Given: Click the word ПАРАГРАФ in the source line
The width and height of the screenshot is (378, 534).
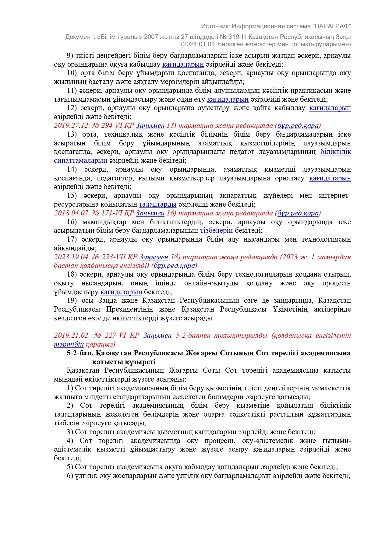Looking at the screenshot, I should point(331,26).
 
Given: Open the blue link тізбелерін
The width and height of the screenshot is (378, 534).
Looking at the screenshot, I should point(216,231).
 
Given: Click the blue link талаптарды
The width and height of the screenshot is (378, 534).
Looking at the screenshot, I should point(158,204).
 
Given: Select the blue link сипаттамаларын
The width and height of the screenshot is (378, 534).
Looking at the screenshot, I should point(80,160).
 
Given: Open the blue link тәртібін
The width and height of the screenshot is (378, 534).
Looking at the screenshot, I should point(69,344).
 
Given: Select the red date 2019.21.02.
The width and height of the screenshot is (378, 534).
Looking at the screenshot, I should point(72,335).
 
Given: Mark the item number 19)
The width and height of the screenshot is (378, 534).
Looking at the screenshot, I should point(72,301).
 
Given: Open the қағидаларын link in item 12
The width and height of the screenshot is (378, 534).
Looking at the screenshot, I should point(330,108).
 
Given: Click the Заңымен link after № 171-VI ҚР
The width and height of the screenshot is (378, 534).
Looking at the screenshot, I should point(150,213).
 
